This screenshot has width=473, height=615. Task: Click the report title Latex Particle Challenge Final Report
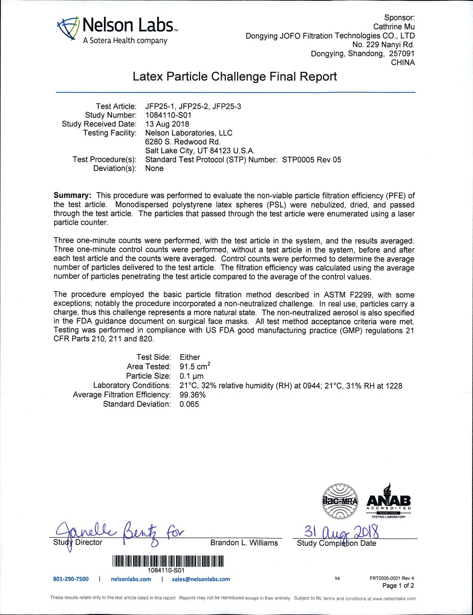point(235,77)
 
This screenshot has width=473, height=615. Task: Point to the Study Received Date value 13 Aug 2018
point(167,124)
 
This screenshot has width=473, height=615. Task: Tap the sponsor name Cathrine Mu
point(394,27)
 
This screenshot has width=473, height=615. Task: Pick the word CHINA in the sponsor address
point(402,63)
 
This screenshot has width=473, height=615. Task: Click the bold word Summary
point(73,195)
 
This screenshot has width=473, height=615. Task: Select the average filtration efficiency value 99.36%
point(193,395)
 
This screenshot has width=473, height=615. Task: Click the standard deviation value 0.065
point(190,404)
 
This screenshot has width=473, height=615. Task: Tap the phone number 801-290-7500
point(71,579)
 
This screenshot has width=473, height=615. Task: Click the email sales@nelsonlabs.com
point(201,579)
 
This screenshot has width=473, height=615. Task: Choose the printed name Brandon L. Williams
point(244,543)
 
